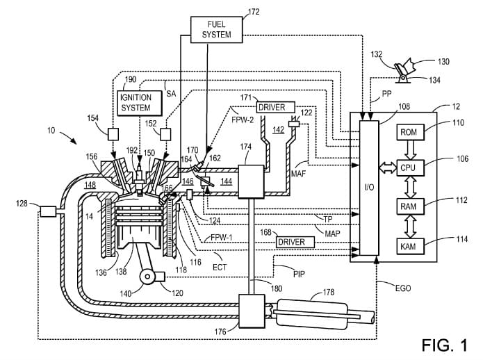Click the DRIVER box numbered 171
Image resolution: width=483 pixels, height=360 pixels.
pyautogui.click(x=275, y=108)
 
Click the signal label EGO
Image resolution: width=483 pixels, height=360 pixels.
pyautogui.click(x=386, y=286)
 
